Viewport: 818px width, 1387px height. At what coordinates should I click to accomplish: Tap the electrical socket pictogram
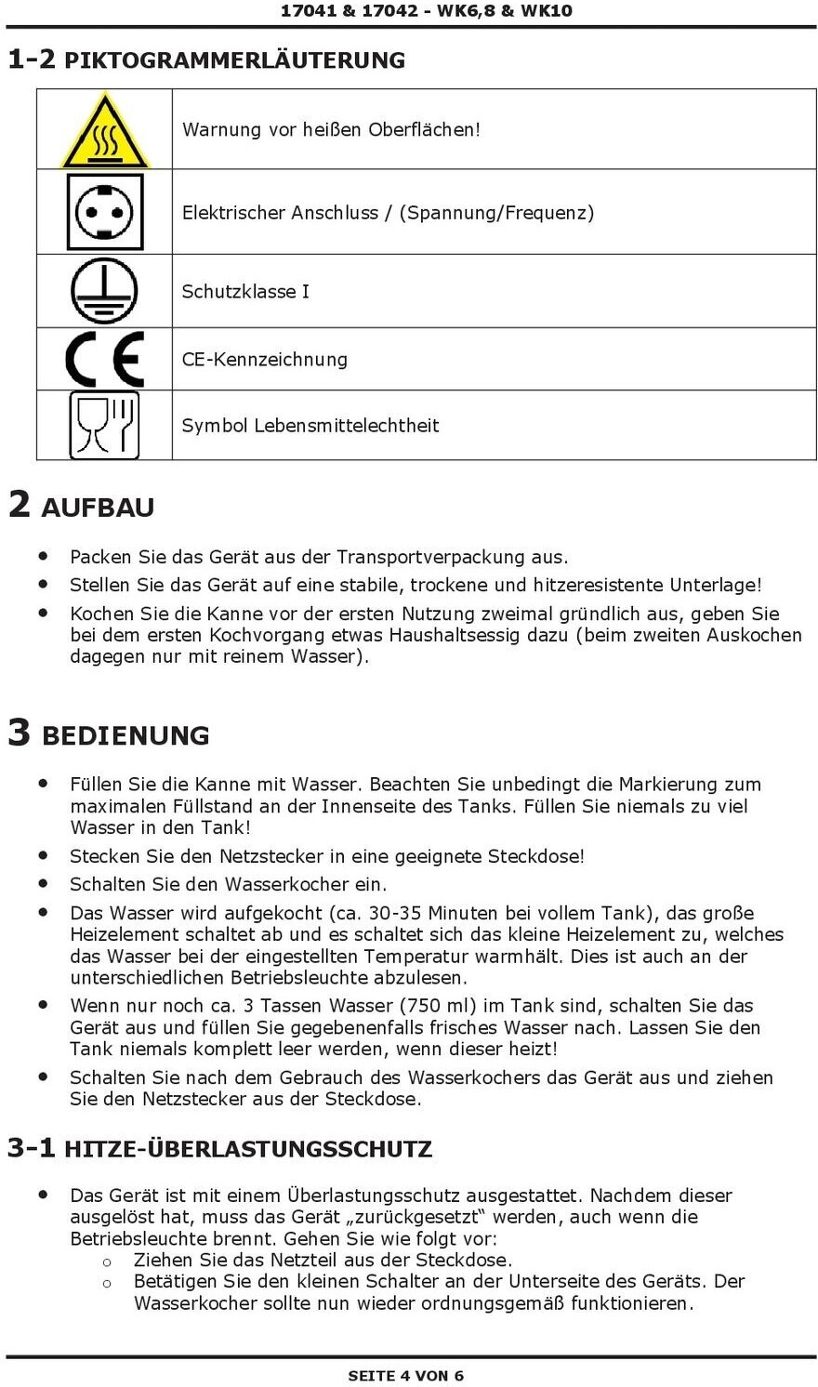105,212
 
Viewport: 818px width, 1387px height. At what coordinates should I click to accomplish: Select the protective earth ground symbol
105,291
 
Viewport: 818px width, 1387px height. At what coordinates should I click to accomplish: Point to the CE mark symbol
105,359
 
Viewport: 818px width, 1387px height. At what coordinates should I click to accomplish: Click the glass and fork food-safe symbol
105,425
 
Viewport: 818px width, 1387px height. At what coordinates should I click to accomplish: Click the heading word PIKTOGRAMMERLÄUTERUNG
234,60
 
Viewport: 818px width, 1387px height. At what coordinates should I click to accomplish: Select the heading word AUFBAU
98,508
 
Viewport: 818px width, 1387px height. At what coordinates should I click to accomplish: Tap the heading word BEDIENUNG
125,735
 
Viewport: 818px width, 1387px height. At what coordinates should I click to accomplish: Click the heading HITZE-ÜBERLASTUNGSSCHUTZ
248,1149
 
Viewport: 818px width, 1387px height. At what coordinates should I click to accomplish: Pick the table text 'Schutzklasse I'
245,292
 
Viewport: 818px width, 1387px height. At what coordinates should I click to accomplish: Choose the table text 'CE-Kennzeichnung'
265,360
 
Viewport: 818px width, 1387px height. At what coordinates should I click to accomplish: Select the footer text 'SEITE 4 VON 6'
406,1375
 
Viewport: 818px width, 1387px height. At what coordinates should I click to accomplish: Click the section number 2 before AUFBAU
19,505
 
